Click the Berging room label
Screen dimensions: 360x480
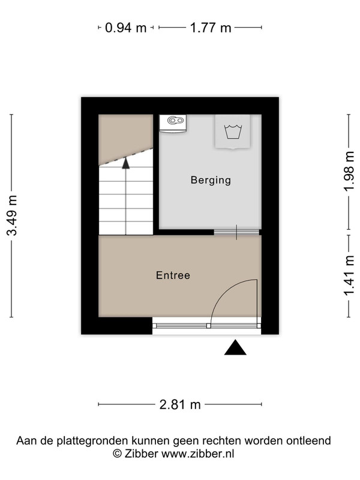pos(211,180)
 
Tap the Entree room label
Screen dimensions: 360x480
pos(173,275)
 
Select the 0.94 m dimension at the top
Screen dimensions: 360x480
pos(125,28)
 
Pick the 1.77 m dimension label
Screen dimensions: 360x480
pos(211,28)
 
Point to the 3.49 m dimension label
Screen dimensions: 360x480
pos(12,215)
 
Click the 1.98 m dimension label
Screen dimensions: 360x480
pos(349,171)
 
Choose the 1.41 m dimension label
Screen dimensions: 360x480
pos(349,276)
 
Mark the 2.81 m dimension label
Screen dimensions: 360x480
pos(180,404)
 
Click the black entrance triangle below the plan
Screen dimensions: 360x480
pos(235,347)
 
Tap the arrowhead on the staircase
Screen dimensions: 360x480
pos(126,163)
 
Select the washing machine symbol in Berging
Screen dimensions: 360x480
pos(233,131)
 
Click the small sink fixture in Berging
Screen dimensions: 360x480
pos(173,124)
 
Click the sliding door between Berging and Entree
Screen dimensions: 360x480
pos(236,232)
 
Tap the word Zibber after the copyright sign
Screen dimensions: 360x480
pos(141,454)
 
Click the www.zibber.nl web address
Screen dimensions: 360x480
pos(197,454)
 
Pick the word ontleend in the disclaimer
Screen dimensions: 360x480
pos(308,440)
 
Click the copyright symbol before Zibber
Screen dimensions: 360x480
pos(117,454)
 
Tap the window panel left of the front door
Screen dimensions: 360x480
pos(181,326)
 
